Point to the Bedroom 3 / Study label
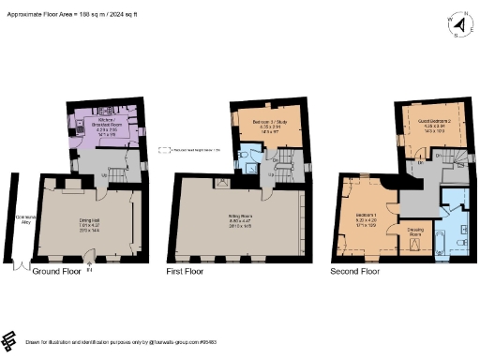(x=267, y=128)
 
